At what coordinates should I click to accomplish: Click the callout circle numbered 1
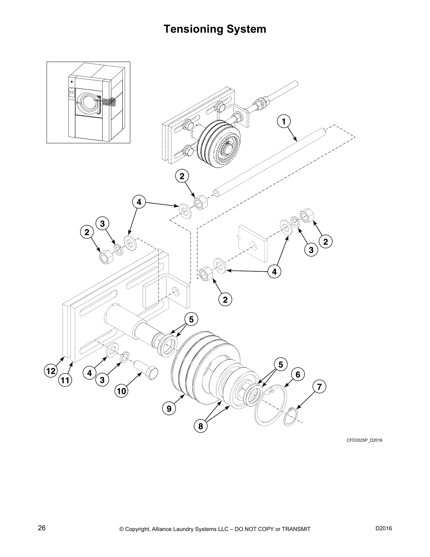284,121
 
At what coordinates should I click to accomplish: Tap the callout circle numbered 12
51,371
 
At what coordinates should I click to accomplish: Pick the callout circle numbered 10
122,391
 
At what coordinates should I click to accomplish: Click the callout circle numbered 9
169,408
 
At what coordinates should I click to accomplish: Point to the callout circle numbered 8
201,427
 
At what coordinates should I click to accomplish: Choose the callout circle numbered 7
319,387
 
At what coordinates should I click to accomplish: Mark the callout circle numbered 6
298,375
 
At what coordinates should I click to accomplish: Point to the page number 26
42,528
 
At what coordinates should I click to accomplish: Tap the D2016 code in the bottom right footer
384,528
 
